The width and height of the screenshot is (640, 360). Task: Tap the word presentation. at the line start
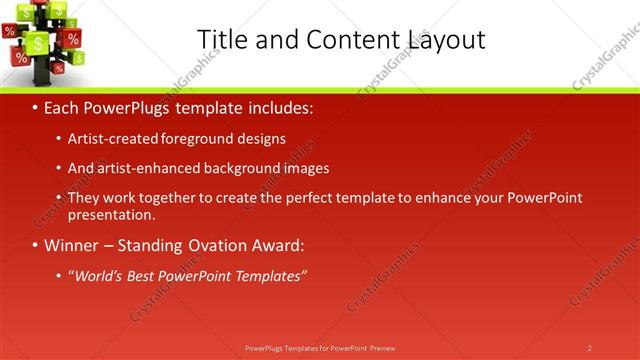[x=112, y=215]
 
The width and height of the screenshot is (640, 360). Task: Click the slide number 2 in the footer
[x=590, y=348]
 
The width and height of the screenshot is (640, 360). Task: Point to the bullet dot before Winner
[x=35, y=246]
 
